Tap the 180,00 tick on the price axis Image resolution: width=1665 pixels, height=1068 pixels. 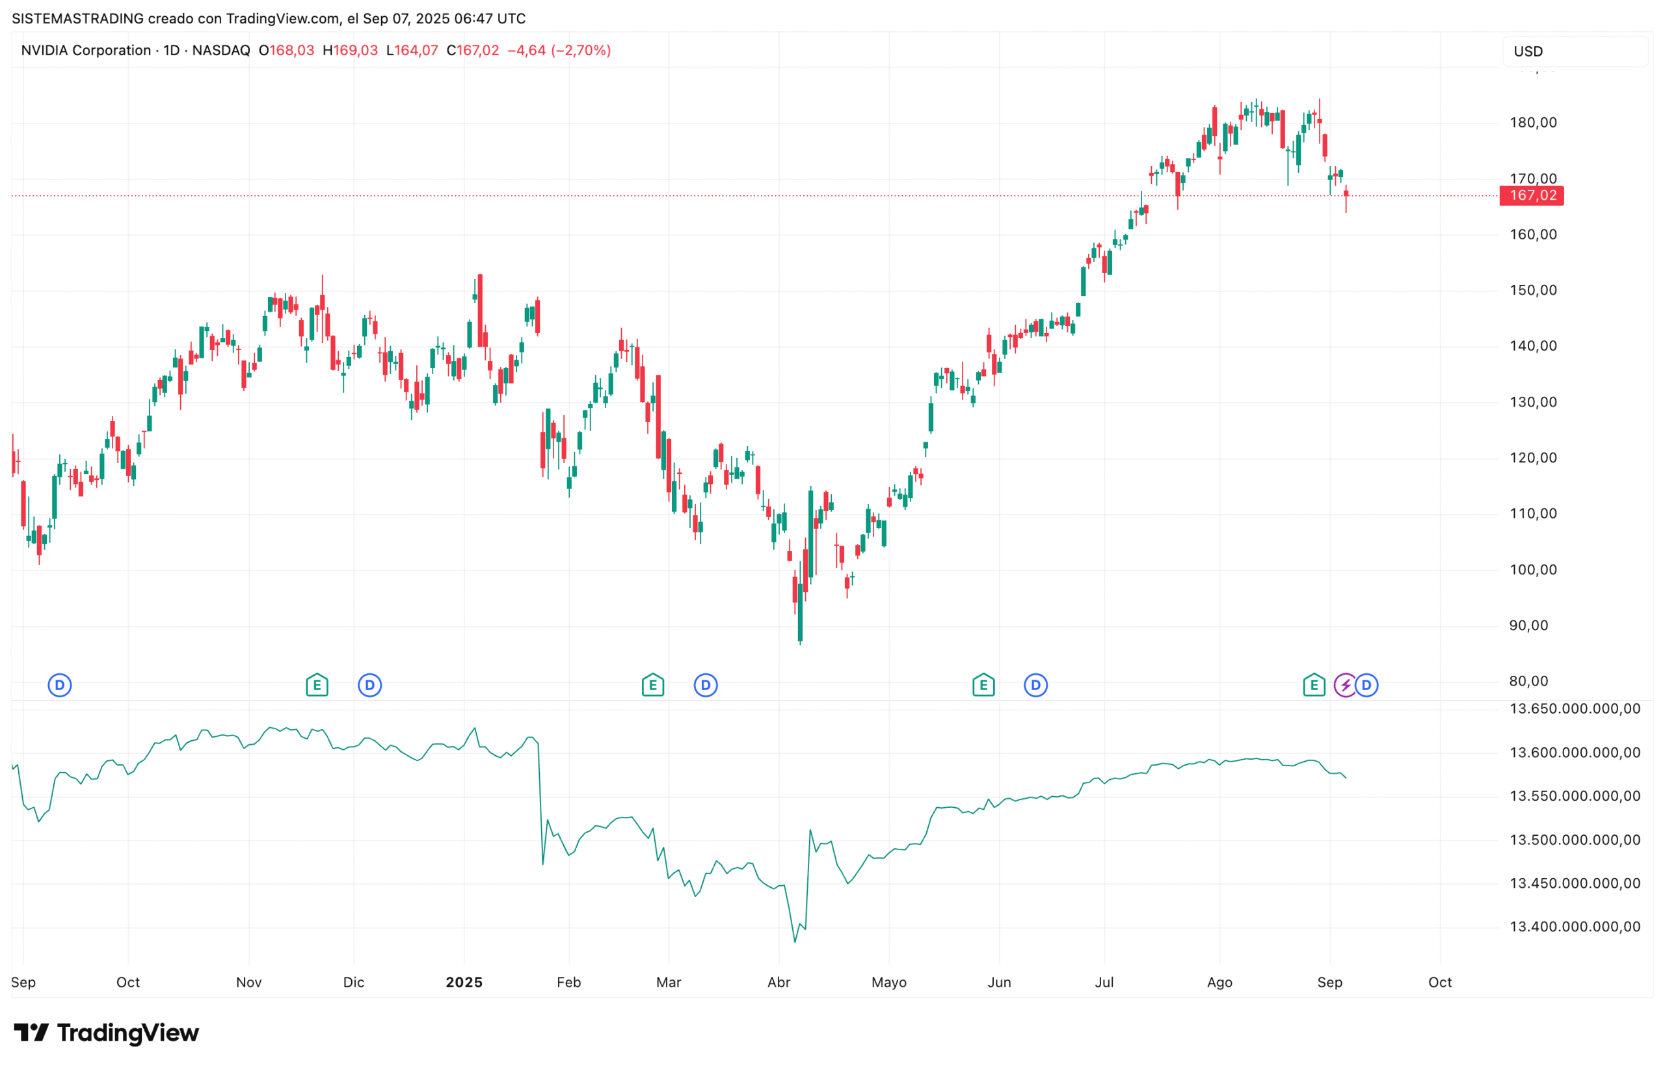coord(1532,123)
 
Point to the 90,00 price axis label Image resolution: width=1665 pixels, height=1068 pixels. coord(1528,625)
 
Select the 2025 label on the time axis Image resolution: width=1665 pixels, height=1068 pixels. coord(463,982)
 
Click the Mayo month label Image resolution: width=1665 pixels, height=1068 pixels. coord(888,982)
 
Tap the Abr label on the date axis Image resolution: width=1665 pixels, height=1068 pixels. coord(778,982)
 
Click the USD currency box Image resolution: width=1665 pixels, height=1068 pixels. coord(1574,51)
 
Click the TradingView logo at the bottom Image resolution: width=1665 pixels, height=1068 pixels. coord(106,1034)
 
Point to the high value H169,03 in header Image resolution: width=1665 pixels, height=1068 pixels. coord(350,51)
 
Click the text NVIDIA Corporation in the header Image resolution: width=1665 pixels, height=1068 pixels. coord(86,51)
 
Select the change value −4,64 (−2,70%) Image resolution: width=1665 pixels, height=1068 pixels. coord(559,51)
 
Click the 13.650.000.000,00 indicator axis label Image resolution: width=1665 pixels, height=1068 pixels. coord(1574,709)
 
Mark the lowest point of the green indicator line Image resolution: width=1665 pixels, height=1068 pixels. coord(795,942)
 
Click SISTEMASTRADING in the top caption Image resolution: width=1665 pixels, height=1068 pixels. coord(77,19)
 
